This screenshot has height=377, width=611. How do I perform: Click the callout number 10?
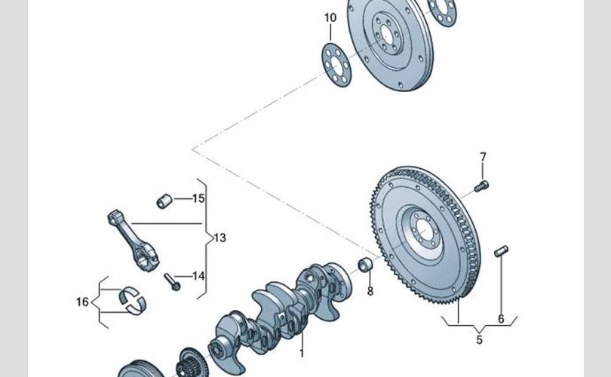coord(330,17)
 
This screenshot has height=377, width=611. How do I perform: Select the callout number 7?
coord(484,157)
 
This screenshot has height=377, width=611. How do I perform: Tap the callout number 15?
coord(198,199)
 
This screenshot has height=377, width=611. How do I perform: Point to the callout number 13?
coord(219,238)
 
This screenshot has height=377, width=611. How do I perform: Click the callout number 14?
coord(198,276)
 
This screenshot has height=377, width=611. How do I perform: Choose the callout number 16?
coord(82,302)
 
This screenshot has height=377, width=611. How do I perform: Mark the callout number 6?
coord(501,319)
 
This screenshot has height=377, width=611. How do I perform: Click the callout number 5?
coord(478,340)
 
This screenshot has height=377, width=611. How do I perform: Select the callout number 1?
coord(301,352)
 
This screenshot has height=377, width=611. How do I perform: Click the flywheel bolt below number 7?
coord(481,185)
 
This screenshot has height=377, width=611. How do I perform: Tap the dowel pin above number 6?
coord(501,251)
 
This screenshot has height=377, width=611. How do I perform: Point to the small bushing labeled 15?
coord(164,201)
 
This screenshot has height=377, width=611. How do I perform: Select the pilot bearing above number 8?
coord(365,265)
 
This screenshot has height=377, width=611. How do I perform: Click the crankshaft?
coord(279,309)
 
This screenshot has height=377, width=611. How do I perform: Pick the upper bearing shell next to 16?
coord(134,290)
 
